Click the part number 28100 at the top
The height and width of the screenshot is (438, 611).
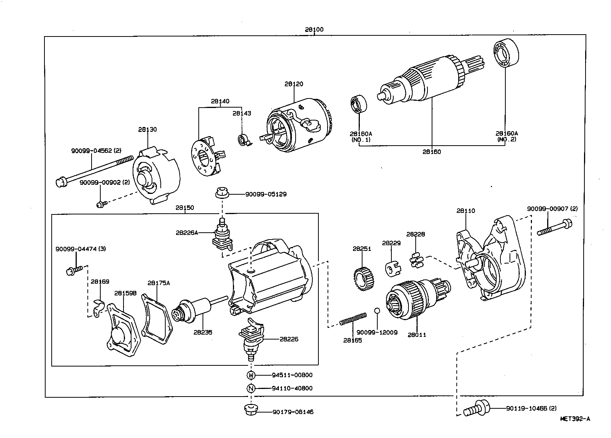pyautogui.click(x=314, y=30)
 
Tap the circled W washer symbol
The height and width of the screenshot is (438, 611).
pyautogui.click(x=251, y=375)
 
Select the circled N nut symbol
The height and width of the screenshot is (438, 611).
pyautogui.click(x=251, y=389)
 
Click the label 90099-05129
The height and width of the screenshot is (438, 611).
pyautogui.click(x=266, y=194)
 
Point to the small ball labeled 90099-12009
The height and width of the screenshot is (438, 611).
pyautogui.click(x=377, y=311)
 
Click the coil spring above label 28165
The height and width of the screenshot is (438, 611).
pyautogui.click(x=353, y=319)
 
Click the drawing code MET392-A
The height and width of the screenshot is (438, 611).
pyautogui.click(x=575, y=419)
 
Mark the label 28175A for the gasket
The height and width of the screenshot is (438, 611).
pyautogui.click(x=158, y=283)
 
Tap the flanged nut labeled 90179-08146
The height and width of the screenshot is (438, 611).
pyautogui.click(x=251, y=411)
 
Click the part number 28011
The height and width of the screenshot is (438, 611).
pyautogui.click(x=417, y=335)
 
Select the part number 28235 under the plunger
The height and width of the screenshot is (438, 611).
pyautogui.click(x=203, y=332)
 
